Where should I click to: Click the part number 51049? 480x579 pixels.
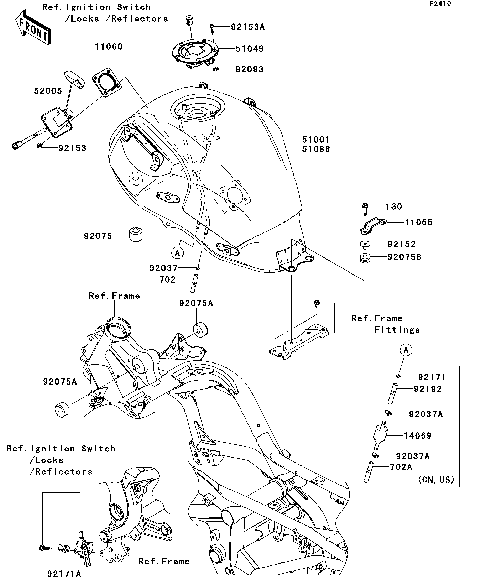[249, 48]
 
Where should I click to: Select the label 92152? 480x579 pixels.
[402, 243]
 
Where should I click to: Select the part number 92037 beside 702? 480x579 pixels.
[164, 268]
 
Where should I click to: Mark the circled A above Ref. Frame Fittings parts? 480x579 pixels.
[406, 350]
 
